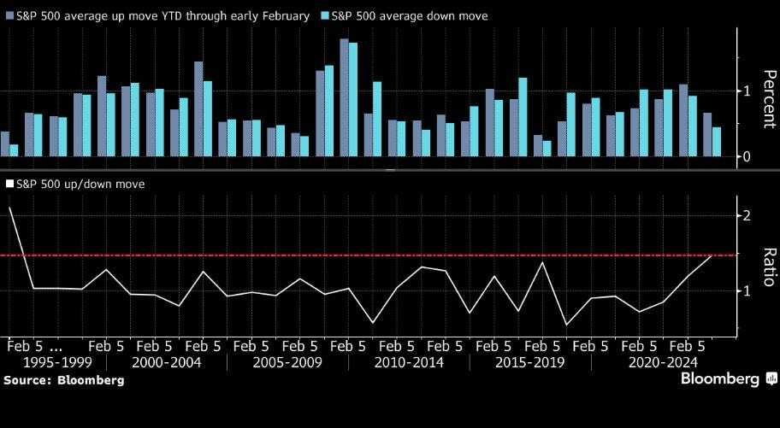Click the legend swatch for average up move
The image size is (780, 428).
pos(9,16)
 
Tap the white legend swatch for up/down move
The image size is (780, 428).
pos(9,184)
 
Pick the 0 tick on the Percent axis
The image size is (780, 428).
pos(746,156)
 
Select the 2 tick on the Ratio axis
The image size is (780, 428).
pos(747,215)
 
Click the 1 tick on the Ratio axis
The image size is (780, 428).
pos(747,290)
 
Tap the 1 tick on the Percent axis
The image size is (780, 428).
pos(746,91)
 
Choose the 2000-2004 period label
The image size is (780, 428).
pos(167,362)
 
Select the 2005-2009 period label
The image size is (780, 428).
pos(287,362)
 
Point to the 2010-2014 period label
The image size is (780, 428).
pos(409,362)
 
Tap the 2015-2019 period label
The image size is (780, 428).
pos(530,362)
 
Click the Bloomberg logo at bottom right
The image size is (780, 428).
pos(721,378)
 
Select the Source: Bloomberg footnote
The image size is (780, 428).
pos(63,379)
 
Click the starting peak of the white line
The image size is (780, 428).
pos(9,208)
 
